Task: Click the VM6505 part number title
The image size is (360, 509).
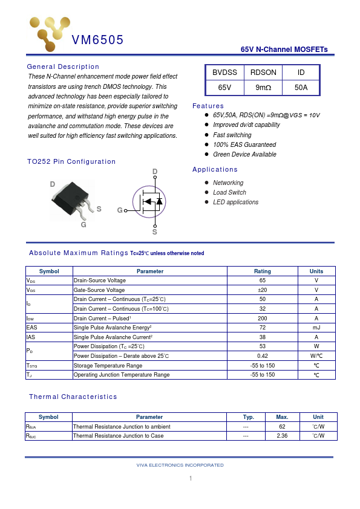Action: [x=97, y=41]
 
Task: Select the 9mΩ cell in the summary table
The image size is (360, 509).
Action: [x=263, y=88]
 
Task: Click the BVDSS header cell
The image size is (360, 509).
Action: [x=224, y=73]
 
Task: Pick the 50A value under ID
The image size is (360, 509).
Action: [x=301, y=88]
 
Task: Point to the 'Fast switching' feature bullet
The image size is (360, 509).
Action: [x=232, y=135]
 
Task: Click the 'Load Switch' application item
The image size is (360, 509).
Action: [x=229, y=192]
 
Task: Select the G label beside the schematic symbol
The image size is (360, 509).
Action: [x=120, y=210]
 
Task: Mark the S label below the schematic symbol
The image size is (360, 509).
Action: [x=154, y=232]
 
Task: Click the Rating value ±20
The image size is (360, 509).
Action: [x=262, y=290]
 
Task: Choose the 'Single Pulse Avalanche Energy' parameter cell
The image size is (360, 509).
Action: [x=113, y=327]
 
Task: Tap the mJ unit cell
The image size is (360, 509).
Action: [x=316, y=327]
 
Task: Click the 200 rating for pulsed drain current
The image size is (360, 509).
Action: [x=262, y=318]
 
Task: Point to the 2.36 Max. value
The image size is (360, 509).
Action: [x=282, y=435]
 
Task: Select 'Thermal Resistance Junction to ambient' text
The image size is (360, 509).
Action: [x=122, y=426]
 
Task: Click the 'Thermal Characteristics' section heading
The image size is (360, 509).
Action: [x=73, y=397]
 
